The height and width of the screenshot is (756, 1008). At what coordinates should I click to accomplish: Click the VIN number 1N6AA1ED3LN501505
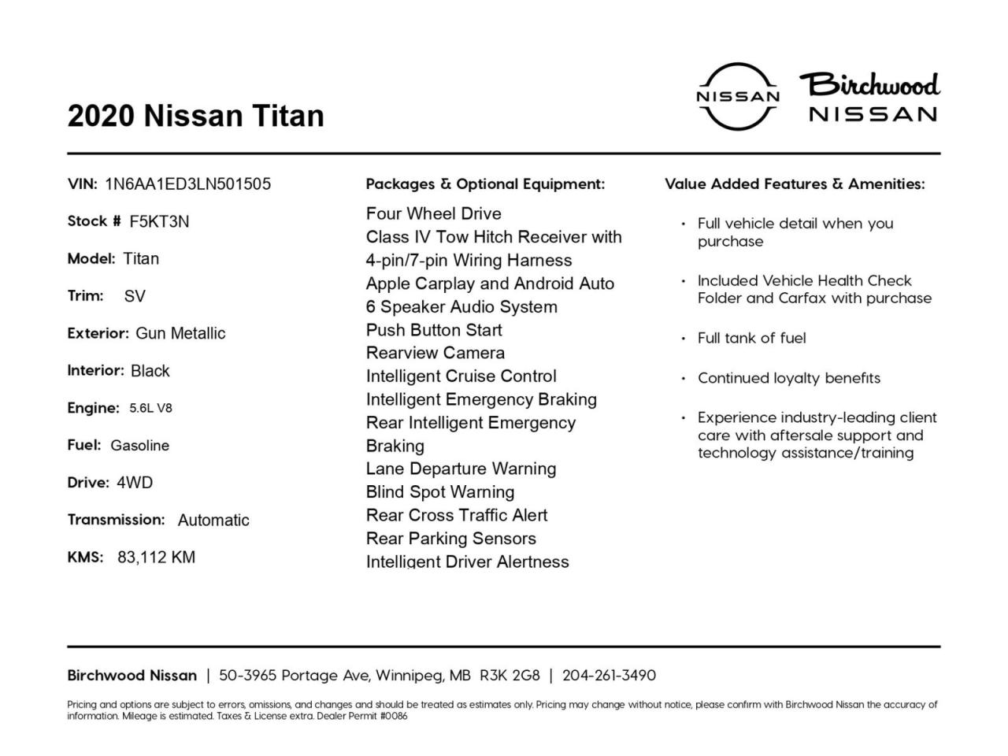187,184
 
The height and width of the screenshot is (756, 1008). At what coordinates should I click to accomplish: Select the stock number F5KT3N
159,221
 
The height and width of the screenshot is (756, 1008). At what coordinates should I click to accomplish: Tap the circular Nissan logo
738,96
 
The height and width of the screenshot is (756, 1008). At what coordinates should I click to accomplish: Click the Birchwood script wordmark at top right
870,84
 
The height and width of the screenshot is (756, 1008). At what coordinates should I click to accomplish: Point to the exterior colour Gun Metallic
180,333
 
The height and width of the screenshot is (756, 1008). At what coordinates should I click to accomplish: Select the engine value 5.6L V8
150,408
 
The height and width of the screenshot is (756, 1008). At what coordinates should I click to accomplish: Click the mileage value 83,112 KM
156,558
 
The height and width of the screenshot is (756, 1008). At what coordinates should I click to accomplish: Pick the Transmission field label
116,520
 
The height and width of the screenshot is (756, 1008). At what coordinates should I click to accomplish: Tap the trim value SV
135,296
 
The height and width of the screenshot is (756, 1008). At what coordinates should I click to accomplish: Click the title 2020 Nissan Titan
195,116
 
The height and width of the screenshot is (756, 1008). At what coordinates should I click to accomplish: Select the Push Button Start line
434,330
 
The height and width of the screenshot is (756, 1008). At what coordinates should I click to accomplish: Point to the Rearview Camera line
435,353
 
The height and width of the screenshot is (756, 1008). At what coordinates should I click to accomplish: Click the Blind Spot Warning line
440,492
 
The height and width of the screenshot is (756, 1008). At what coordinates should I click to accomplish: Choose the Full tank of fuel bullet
751,338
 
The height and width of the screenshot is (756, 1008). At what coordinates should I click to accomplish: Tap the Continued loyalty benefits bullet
788,378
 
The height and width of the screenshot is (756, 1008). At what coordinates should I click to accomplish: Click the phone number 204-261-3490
609,676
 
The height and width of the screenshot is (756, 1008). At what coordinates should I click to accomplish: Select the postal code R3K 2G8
510,676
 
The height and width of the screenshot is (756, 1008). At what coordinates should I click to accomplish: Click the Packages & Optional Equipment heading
485,184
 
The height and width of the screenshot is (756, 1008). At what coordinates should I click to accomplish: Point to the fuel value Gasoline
139,446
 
